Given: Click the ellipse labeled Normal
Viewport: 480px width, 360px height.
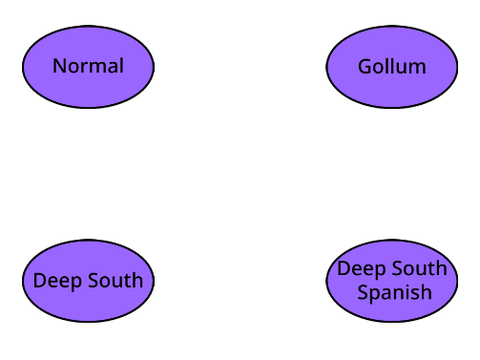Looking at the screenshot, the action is pos(88,67).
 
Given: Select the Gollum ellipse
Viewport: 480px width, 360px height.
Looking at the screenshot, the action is pos(392,67).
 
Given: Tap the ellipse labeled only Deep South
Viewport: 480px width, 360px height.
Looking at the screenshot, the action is pos(88,281).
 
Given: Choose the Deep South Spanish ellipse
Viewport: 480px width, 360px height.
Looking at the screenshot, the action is pos(392,281).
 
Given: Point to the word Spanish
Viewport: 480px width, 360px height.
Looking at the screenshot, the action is pos(395,293).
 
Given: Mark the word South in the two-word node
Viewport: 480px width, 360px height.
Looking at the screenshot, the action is pos(115,280).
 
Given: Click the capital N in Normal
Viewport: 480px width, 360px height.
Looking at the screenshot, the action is pos(59,66).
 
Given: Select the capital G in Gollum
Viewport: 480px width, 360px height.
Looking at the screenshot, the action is pos(365,67).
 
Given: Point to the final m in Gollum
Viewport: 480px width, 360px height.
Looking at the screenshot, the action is pos(417,69).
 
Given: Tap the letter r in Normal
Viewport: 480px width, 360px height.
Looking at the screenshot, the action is pos(82,68).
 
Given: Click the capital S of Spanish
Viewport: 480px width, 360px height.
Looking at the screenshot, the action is pos(363,292).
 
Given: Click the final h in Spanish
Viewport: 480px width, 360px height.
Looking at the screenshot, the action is pos(427,291).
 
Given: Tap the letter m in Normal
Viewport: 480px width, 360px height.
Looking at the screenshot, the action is pos(97,68).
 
